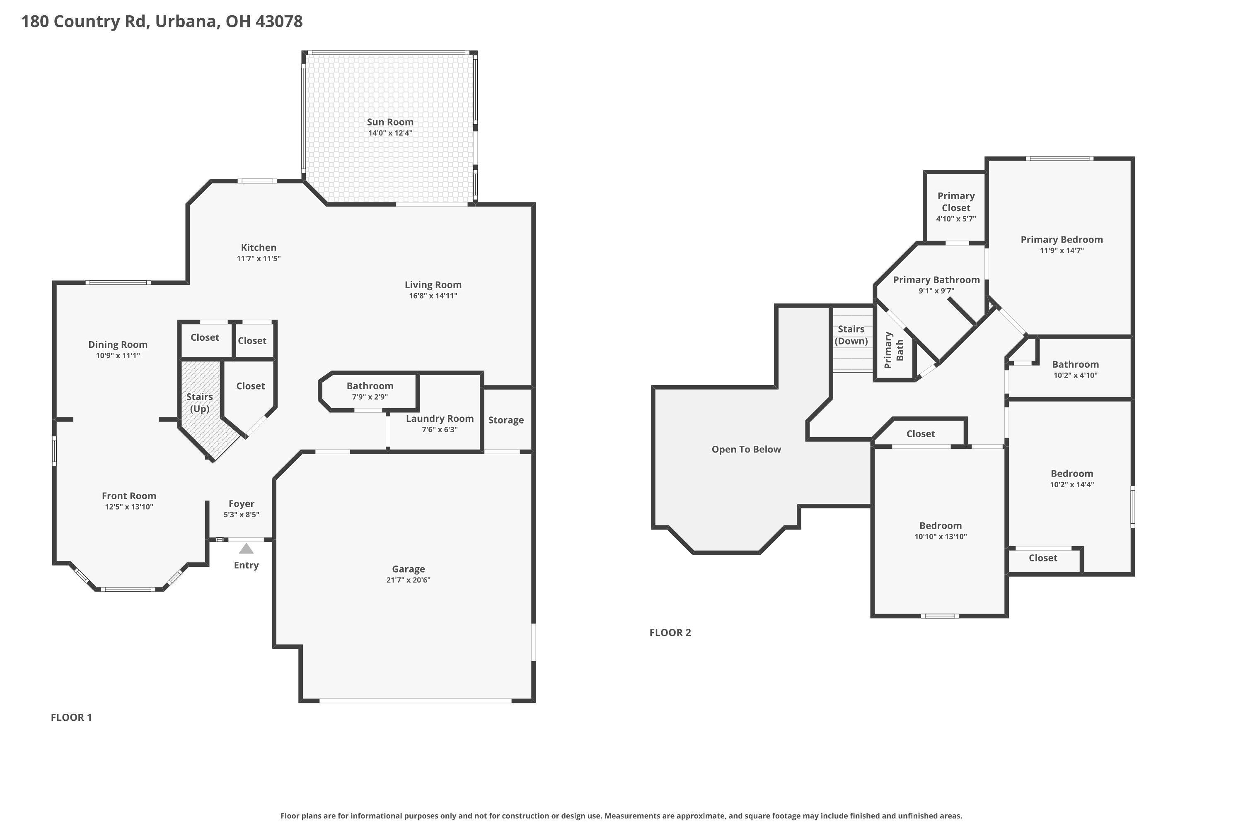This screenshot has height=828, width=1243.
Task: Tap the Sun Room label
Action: pyautogui.click(x=390, y=122)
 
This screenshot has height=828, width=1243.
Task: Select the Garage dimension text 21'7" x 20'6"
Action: pyautogui.click(x=408, y=580)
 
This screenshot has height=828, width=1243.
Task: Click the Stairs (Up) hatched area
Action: pyautogui.click(x=199, y=403)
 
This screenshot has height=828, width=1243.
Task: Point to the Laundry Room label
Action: pyautogui.click(x=439, y=419)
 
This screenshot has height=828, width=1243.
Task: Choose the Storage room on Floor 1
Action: pyautogui.click(x=506, y=420)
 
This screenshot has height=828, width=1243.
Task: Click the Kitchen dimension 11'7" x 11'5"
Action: pyautogui.click(x=259, y=259)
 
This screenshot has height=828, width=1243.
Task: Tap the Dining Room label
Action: pyautogui.click(x=118, y=345)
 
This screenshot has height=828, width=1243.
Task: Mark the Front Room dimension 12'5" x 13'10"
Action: pyautogui.click(x=129, y=507)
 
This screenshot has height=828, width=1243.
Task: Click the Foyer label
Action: pyautogui.click(x=242, y=504)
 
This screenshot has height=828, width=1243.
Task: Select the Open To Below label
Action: pyautogui.click(x=746, y=449)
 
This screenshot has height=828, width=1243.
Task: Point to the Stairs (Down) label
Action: pyautogui.click(x=851, y=335)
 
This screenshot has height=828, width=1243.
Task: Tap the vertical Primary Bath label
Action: pyautogui.click(x=894, y=350)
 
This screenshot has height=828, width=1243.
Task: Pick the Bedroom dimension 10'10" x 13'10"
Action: pyautogui.click(x=940, y=537)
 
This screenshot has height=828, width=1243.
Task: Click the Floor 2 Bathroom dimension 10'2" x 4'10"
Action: pyautogui.click(x=1075, y=375)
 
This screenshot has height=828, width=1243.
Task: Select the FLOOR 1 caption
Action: pyautogui.click(x=71, y=717)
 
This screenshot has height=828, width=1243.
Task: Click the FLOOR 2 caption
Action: pyautogui.click(x=670, y=633)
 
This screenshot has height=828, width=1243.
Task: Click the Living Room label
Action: pyautogui.click(x=433, y=285)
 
